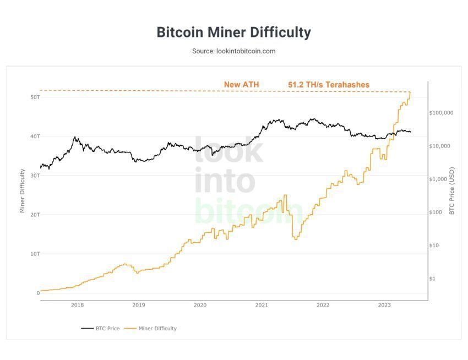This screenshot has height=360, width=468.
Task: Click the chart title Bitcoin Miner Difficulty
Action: [x=233, y=32]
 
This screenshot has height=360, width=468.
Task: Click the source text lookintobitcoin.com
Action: [x=233, y=51]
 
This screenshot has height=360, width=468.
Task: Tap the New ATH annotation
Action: [x=241, y=85]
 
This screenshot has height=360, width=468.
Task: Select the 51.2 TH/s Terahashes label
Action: [x=329, y=85]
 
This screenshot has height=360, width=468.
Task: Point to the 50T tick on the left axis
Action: [x=35, y=97]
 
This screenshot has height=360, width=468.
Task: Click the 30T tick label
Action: [x=35, y=176]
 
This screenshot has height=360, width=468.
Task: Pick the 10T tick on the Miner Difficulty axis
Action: [x=35, y=254]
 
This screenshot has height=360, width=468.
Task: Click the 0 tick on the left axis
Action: [x=38, y=293]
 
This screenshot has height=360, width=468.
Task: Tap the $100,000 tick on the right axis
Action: [x=441, y=113]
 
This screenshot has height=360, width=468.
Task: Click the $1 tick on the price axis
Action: [x=433, y=279]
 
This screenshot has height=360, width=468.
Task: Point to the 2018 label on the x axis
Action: [x=78, y=305]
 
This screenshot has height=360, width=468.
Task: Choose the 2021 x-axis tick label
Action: [x=262, y=305]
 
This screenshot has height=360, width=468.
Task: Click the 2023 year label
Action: [x=384, y=305]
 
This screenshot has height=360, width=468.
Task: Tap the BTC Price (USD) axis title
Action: [x=451, y=190]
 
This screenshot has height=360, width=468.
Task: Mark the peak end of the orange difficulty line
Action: [x=410, y=92]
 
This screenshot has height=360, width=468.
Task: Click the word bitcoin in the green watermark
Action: [x=249, y=212]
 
